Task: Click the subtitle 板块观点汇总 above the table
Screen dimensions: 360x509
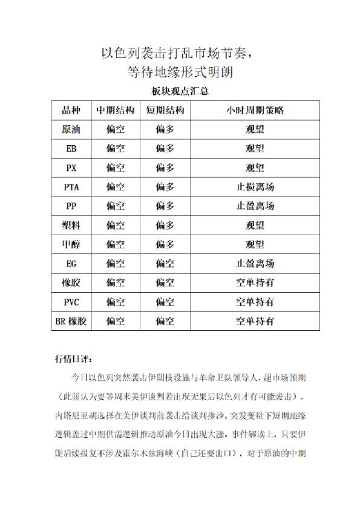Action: pyautogui.click(x=180, y=92)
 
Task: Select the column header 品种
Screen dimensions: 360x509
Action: pyautogui.click(x=71, y=111)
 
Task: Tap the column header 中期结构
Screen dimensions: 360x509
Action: pyautogui.click(x=116, y=111)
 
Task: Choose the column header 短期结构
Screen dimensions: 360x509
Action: pyautogui.click(x=165, y=111)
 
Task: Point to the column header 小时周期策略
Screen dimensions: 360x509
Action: pyautogui.click(x=255, y=111)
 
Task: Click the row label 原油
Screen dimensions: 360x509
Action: pyautogui.click(x=71, y=129)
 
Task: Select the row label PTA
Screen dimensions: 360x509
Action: pyautogui.click(x=71, y=187)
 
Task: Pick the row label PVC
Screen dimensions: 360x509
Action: pyautogui.click(x=71, y=302)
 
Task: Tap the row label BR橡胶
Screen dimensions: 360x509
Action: pyautogui.click(x=71, y=321)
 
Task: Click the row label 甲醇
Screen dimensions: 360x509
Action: pyautogui.click(x=71, y=244)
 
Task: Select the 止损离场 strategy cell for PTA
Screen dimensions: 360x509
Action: pyautogui.click(x=255, y=187)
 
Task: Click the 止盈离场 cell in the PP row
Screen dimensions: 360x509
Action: pyautogui.click(x=255, y=206)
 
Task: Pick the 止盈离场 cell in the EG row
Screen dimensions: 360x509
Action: pyautogui.click(x=255, y=264)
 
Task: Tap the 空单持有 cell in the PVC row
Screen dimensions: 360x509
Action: pyautogui.click(x=255, y=302)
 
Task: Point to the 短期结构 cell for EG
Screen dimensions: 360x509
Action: pyautogui.click(x=165, y=264)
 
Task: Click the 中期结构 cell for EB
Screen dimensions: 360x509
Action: pyautogui.click(x=116, y=148)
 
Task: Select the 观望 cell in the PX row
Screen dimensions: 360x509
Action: pyautogui.click(x=255, y=167)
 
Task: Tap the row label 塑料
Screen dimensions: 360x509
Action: pyautogui.click(x=71, y=225)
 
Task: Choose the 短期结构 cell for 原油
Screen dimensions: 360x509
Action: pyautogui.click(x=165, y=129)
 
